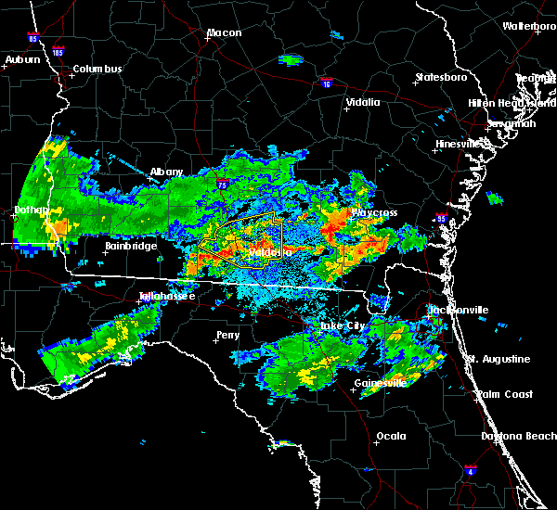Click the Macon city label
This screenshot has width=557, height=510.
pyautogui.click(x=224, y=33)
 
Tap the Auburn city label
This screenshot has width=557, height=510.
pyautogui.click(x=23, y=60)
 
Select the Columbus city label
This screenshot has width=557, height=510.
pyautogui.click(x=97, y=70)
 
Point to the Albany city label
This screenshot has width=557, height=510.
pyautogui.click(x=167, y=172)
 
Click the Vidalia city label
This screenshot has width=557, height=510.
pyautogui.click(x=362, y=103)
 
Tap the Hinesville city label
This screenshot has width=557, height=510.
pyautogui.click(x=460, y=145)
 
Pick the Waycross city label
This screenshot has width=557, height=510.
pyautogui.click(x=374, y=213)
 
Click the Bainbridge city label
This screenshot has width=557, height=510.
pyautogui.click(x=129, y=246)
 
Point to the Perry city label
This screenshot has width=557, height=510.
pyautogui.click(x=227, y=335)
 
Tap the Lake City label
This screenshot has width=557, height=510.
pyautogui.click(x=343, y=326)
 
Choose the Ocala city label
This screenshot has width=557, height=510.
pyautogui.click(x=391, y=436)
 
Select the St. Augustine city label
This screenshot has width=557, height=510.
pyautogui.click(x=499, y=359)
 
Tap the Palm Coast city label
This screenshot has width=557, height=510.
pyautogui.click(x=506, y=394)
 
